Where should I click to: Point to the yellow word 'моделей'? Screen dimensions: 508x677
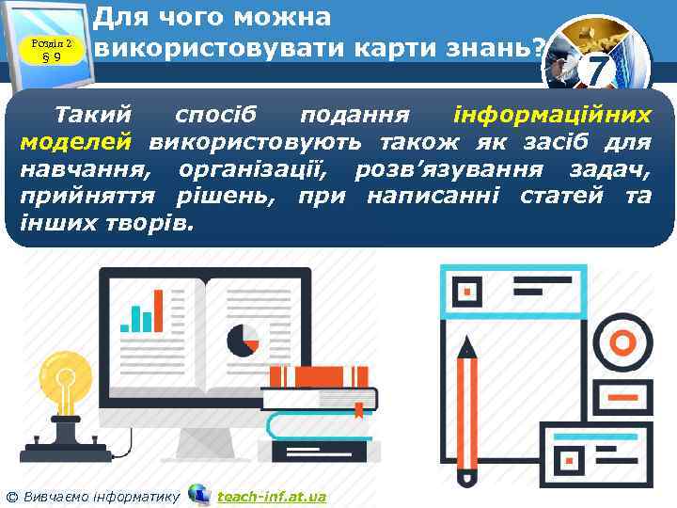[75, 143]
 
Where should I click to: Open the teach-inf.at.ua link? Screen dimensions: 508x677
[271, 496]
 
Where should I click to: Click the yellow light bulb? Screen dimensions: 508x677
[67, 387]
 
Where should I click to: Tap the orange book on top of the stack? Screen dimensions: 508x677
[315, 376]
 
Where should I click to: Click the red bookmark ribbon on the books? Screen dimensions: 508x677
[358, 410]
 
